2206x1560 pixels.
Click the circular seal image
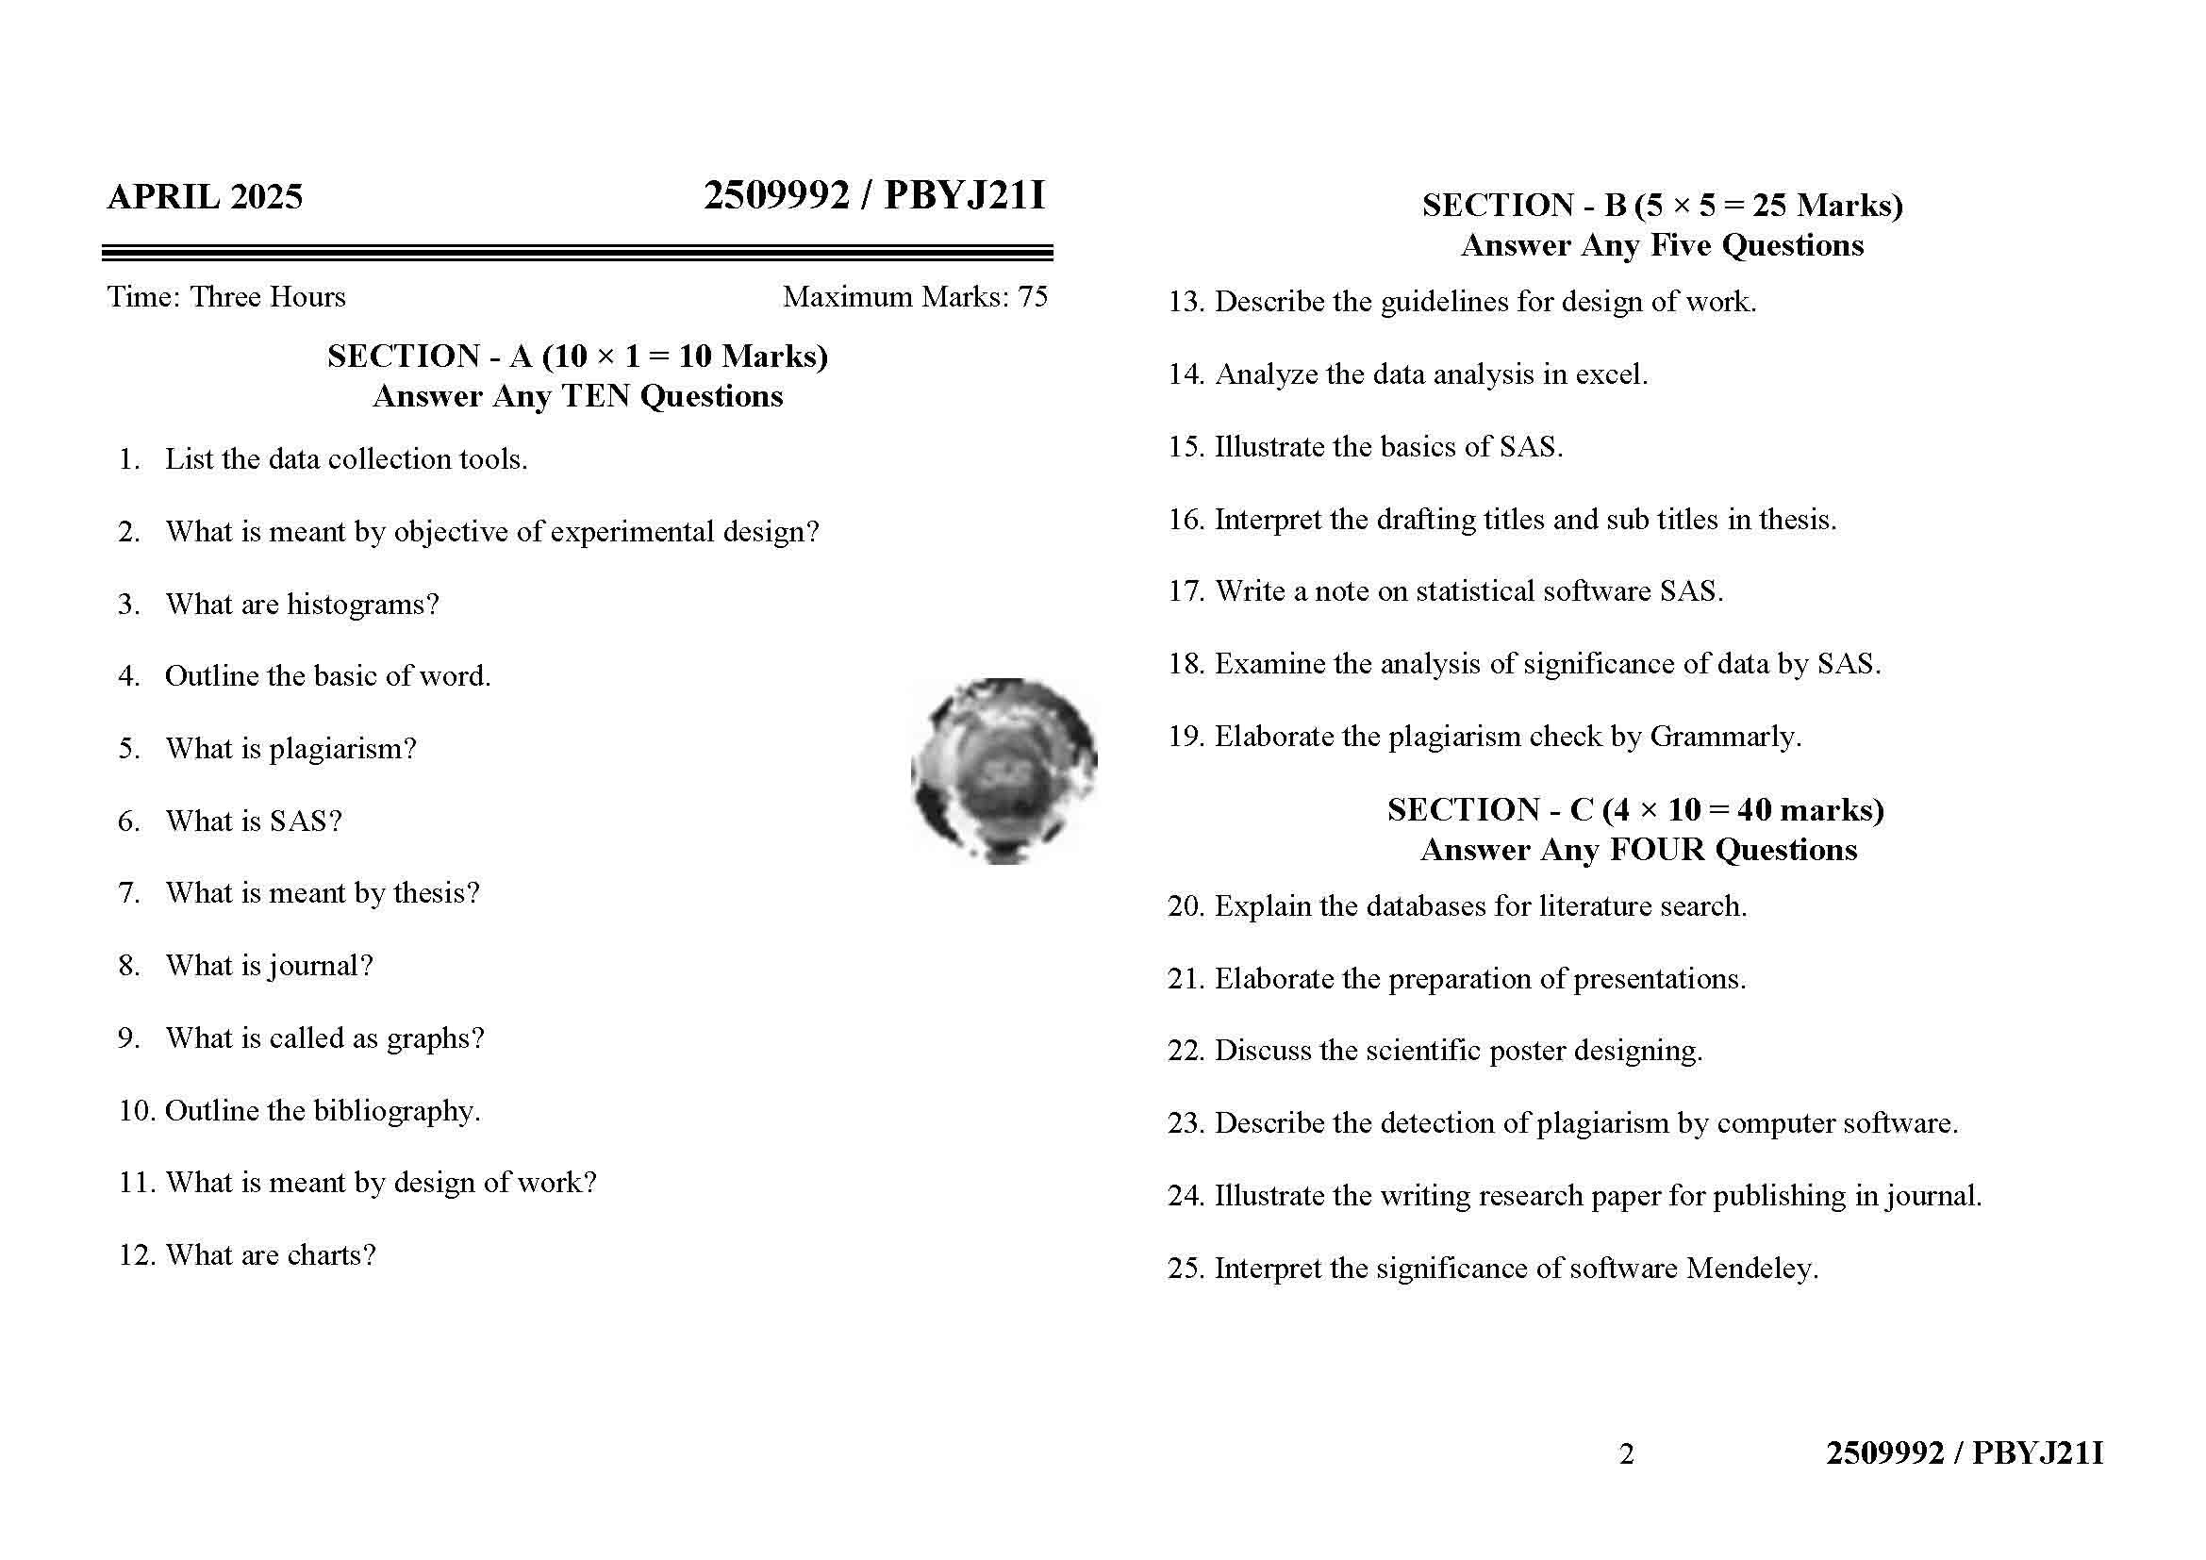1004,772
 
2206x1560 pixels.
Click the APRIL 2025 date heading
205,197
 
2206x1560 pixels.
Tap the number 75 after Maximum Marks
1032,297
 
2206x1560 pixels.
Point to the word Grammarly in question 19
1725,737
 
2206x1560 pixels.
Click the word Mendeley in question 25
1750,1269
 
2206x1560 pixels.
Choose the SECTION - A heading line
577,357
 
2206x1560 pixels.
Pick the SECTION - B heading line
1662,206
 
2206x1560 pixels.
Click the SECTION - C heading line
1635,810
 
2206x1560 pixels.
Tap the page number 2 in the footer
1627,1454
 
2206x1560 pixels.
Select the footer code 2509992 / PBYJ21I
1964,1453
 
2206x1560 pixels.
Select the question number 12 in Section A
136,1255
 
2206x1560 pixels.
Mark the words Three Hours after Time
267,297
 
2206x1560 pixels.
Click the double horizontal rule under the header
577,254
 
